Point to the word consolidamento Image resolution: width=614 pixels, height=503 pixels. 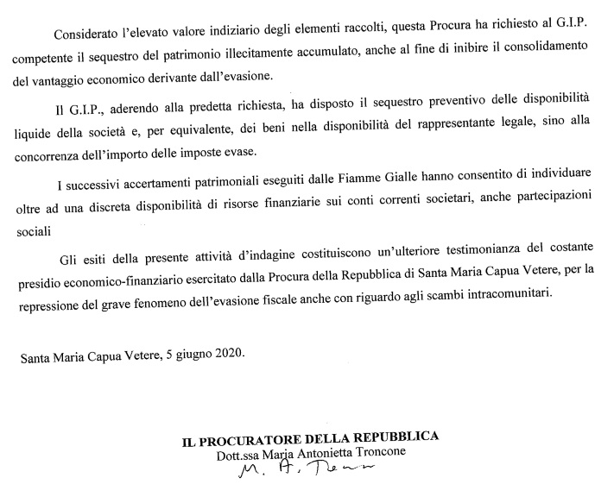(x=548, y=54)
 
